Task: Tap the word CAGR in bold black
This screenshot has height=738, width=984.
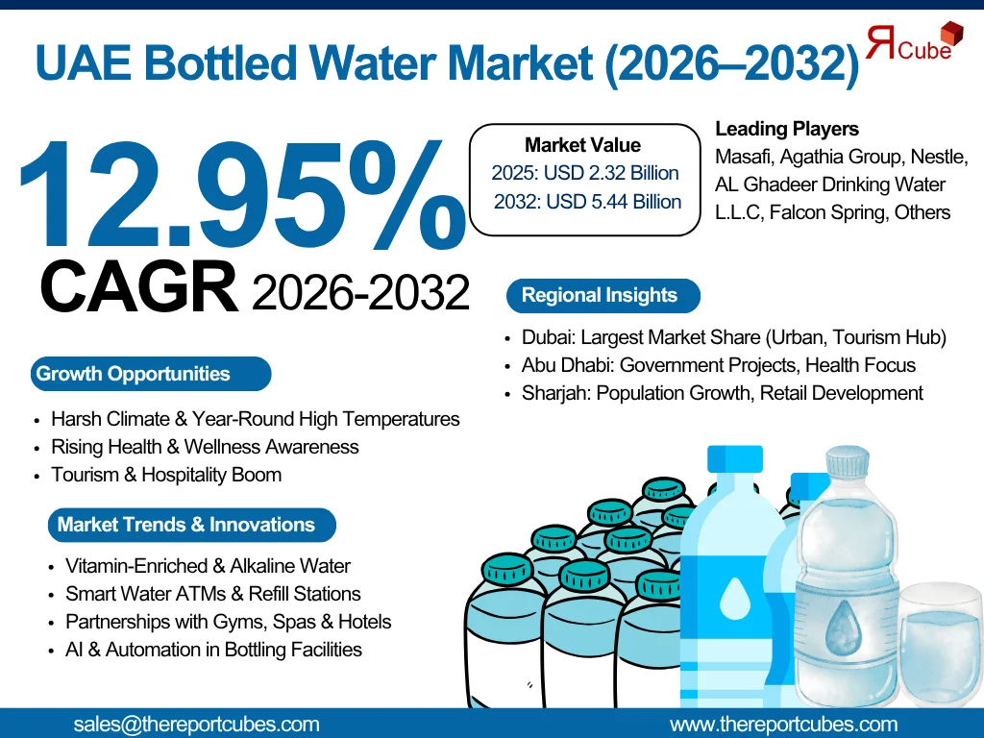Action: point(139,287)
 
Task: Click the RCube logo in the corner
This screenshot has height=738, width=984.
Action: point(913,43)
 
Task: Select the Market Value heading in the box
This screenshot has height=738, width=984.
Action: point(582,145)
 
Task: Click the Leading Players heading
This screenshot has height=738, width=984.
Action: point(787,129)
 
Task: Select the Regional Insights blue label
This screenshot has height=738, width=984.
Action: point(600,295)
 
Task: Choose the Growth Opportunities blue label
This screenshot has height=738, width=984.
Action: point(134,374)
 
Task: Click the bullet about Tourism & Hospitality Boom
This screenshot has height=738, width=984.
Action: point(166,475)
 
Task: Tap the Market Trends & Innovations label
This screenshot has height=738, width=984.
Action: point(186,525)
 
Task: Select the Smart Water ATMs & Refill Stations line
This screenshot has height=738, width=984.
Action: point(212,594)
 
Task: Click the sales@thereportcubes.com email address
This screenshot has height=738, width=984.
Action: point(196,725)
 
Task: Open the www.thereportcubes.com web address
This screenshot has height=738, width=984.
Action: point(783,725)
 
